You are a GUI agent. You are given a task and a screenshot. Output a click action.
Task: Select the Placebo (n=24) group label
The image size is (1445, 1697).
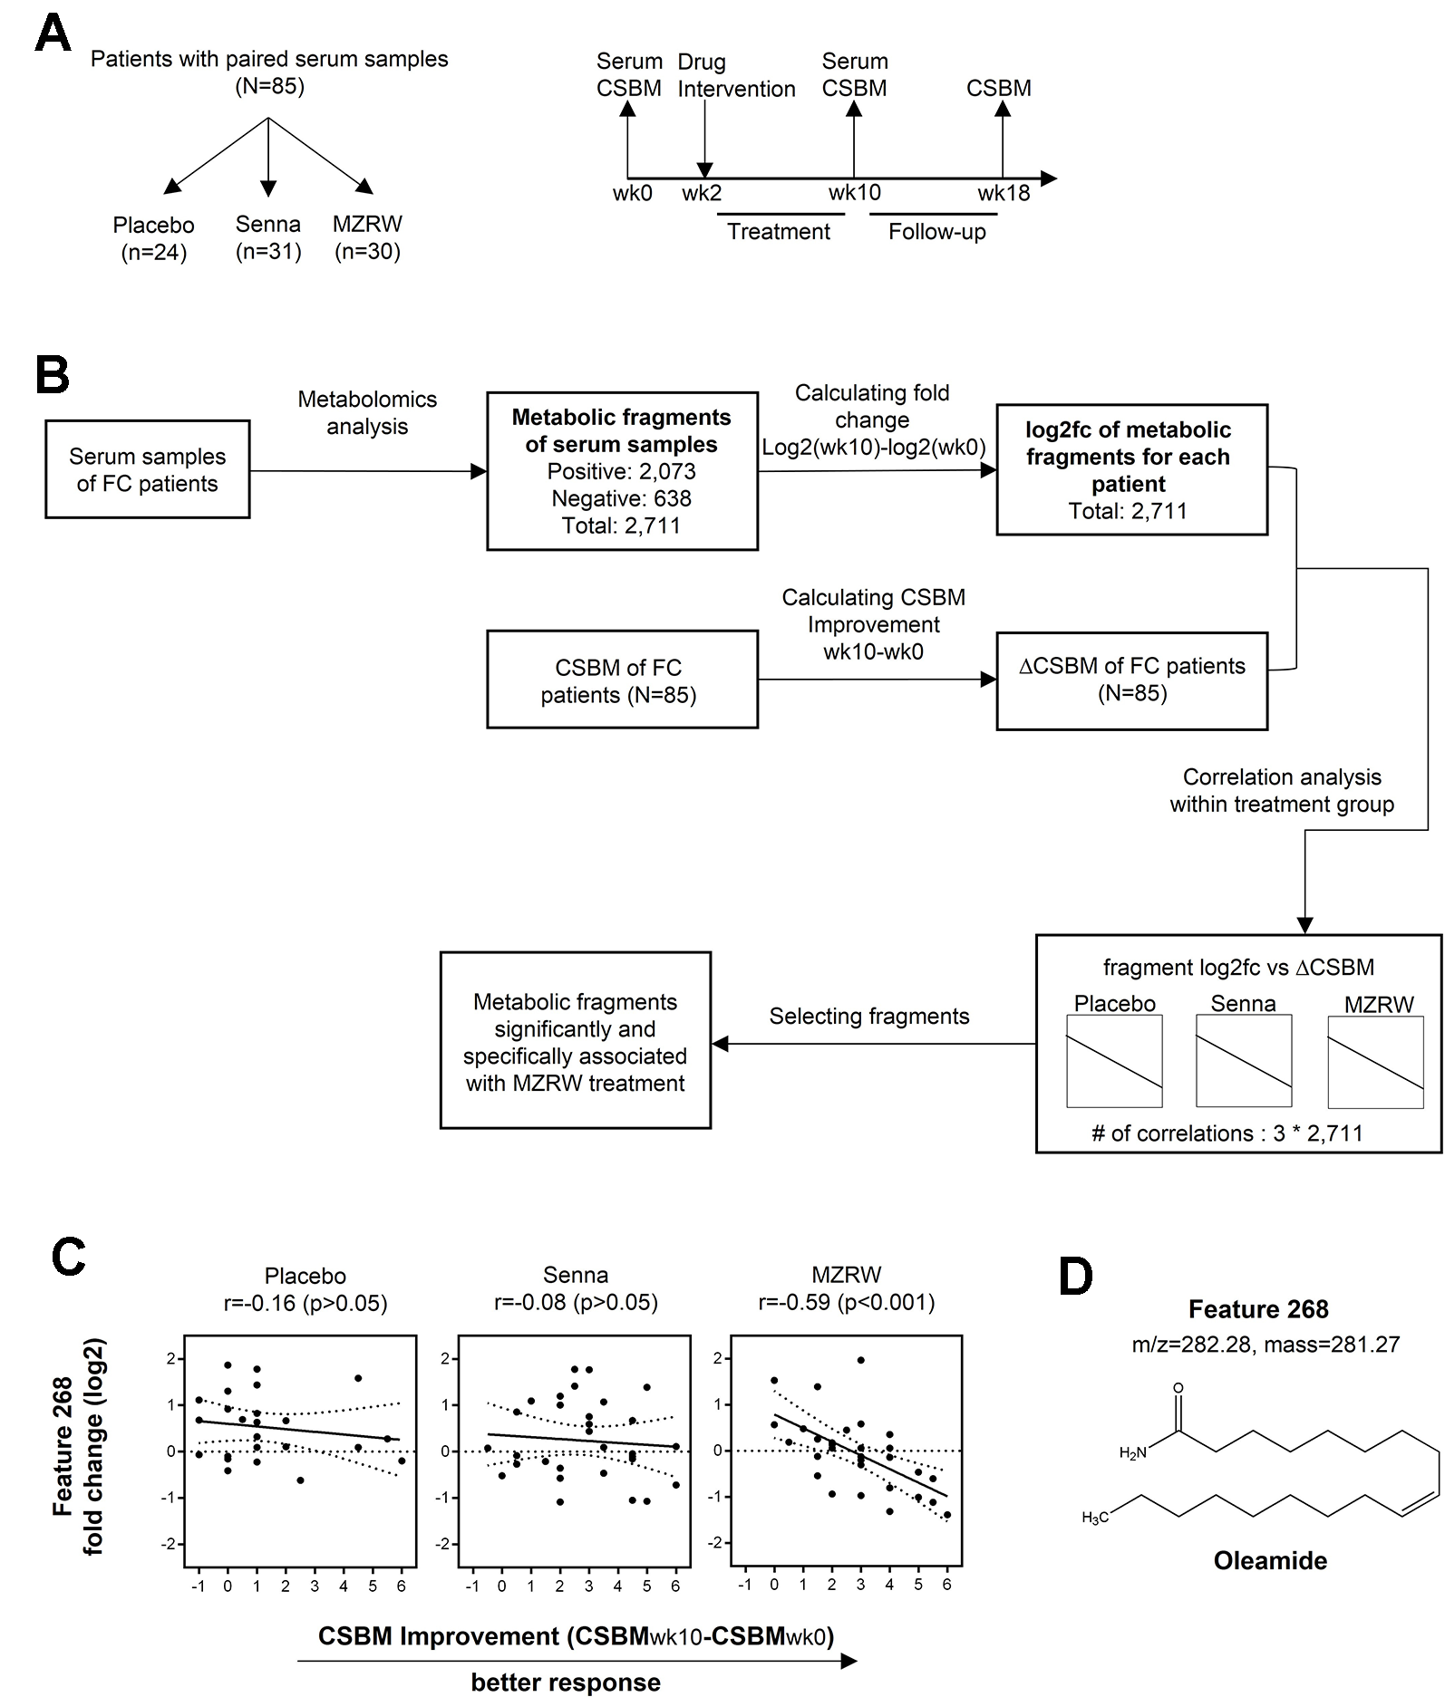click(153, 238)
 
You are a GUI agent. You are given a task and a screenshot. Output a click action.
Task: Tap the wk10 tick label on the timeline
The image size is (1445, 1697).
click(854, 193)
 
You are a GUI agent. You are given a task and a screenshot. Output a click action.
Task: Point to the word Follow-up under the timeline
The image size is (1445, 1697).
click(936, 232)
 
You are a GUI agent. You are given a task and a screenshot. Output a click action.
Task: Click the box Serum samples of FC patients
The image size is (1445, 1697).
click(147, 469)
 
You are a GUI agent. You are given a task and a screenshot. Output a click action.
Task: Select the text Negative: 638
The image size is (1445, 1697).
click(621, 498)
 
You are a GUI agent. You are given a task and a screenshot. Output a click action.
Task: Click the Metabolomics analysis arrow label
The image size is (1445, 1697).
click(367, 412)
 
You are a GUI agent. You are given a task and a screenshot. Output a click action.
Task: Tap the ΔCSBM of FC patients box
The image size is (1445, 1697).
click(1131, 680)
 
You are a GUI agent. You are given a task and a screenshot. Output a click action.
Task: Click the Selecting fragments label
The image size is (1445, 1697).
click(868, 1017)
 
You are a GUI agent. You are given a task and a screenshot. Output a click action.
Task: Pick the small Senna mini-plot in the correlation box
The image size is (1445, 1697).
click(1244, 1061)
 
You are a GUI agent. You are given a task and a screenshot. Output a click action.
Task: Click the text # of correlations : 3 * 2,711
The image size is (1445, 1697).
click(1227, 1133)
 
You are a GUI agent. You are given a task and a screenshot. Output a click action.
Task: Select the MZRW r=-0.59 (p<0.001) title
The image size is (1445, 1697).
click(846, 1289)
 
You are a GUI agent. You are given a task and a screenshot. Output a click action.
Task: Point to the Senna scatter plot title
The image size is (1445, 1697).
click(576, 1289)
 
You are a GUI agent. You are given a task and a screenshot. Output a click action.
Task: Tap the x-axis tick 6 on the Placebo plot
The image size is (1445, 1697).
click(402, 1586)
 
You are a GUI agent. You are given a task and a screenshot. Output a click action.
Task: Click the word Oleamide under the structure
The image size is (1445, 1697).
click(1269, 1560)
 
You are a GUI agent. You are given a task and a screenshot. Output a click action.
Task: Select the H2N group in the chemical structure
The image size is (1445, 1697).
click(1133, 1453)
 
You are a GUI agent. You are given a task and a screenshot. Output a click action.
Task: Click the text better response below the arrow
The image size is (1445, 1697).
click(566, 1683)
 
